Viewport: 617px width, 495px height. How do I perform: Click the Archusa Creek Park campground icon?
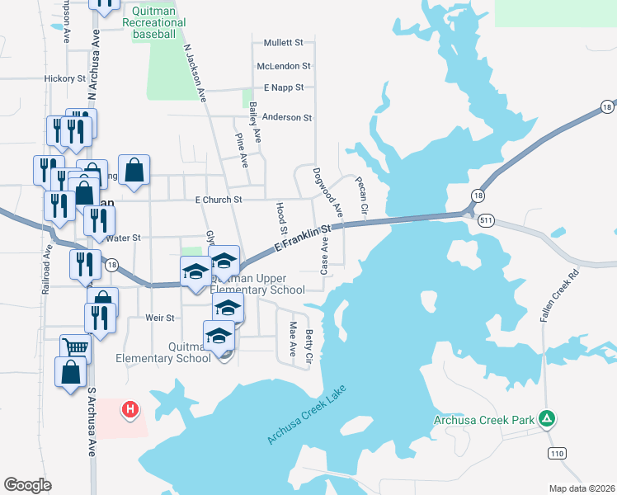coord(546,419)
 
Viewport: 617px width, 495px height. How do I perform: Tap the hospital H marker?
coord(130,409)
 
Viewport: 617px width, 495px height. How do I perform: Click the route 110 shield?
coord(558,455)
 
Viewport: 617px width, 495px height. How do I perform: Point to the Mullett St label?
coord(284,42)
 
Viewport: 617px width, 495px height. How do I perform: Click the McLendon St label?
coord(283,66)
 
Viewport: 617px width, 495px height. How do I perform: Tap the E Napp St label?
coord(284,87)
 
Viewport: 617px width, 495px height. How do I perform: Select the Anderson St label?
coord(286,118)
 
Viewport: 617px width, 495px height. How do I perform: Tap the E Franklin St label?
coord(303,239)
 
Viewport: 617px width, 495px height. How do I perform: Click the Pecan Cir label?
coord(361,197)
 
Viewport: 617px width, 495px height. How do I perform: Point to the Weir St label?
coord(159,318)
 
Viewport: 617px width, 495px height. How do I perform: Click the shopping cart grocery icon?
coord(75,347)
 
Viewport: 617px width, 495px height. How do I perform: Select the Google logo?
coord(27,485)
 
